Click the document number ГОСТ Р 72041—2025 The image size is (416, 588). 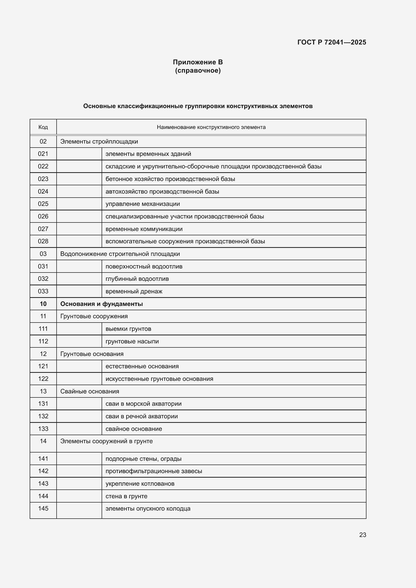tap(331, 42)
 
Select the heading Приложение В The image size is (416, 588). tap(198, 62)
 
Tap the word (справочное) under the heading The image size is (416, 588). tap(198, 70)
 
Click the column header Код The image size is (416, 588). tap(43, 127)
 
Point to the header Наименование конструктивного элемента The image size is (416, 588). tap(211, 127)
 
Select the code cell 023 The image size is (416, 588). tap(43, 179)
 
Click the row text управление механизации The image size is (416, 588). tap(143, 204)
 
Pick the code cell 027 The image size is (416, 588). tap(43, 229)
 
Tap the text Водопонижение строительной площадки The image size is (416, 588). tap(120, 254)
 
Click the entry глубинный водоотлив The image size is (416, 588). tap(137, 279)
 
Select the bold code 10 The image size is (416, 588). tap(43, 304)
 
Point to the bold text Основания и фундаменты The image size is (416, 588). tap(101, 304)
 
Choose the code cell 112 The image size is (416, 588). tap(43, 341)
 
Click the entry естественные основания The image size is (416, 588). tap(142, 366)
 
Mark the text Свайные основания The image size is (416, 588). tap(90, 391)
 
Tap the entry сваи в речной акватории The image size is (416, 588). tap(141, 416)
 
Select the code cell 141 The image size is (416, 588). tap(43, 459)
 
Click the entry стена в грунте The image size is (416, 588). tap(126, 496)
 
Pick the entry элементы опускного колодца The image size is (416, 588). tap(148, 509)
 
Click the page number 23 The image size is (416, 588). tap(362, 535)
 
